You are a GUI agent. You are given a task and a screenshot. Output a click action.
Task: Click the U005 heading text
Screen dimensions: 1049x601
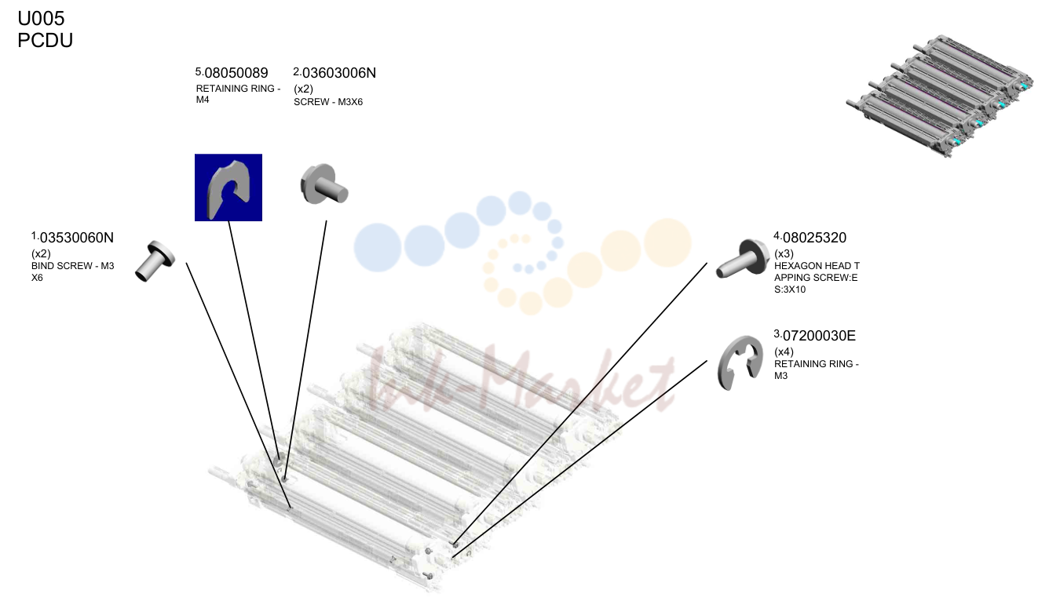coord(41,19)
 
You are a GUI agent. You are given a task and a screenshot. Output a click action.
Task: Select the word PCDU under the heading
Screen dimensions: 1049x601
coord(46,41)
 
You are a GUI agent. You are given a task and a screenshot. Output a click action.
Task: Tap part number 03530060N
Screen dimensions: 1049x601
coord(77,238)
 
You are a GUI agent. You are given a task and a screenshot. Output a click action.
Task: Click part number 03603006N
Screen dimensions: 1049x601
coord(339,73)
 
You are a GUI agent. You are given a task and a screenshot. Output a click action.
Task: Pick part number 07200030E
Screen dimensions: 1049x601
coord(819,336)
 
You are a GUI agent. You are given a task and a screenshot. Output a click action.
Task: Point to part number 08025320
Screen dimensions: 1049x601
coord(814,238)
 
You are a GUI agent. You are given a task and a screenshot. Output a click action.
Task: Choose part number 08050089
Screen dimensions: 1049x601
coord(236,73)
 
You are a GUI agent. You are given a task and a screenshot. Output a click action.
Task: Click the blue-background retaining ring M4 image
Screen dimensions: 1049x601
coord(228,188)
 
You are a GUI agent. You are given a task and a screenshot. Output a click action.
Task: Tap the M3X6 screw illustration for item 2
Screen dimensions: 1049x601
coord(324,184)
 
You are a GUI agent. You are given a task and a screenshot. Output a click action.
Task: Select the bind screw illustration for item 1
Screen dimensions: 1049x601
coord(155,261)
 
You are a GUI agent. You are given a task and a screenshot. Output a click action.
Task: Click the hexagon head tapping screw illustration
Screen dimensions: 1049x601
coord(743,258)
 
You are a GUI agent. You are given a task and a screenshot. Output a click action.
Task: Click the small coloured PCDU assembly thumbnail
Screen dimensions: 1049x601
coord(939,96)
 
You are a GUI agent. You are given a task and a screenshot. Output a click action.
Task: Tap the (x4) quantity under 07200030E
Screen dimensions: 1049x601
coord(784,351)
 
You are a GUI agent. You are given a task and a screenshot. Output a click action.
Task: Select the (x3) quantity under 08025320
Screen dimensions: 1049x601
coord(784,253)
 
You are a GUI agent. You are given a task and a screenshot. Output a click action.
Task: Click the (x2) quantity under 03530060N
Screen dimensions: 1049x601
coord(41,253)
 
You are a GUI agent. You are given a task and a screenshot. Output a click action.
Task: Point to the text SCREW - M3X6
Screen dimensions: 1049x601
coord(328,102)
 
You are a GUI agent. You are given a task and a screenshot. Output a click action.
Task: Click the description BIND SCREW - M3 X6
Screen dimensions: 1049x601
coord(72,271)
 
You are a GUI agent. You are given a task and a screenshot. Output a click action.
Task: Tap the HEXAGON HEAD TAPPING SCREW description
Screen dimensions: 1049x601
coord(817,278)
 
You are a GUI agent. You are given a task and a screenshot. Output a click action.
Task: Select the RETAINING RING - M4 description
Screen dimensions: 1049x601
coord(239,94)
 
